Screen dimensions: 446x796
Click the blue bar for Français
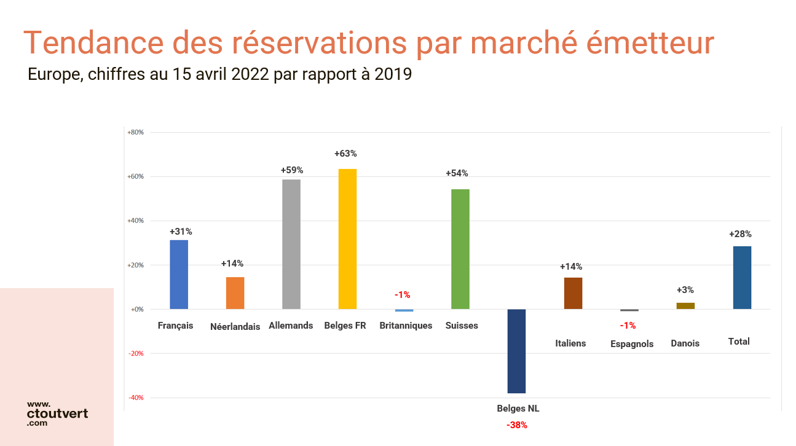click(x=179, y=275)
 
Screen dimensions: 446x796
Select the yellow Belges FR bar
click(x=347, y=239)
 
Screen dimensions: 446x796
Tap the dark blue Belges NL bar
click(x=516, y=351)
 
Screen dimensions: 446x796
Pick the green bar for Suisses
click(x=460, y=249)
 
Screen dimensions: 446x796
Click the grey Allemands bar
click(x=291, y=244)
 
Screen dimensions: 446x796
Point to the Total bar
click(x=742, y=278)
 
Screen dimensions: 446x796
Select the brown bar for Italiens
click(x=573, y=293)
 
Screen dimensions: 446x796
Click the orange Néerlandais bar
click(x=235, y=293)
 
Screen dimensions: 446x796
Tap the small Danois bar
click(x=685, y=305)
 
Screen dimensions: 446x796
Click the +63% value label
click(x=345, y=154)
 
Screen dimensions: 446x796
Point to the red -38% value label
click(x=517, y=425)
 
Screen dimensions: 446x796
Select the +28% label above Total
click(x=740, y=234)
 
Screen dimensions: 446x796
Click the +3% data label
click(x=685, y=290)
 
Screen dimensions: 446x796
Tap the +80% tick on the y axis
click(x=135, y=132)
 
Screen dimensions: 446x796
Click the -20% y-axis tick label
click(x=136, y=353)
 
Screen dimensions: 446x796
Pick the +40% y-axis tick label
click(x=135, y=221)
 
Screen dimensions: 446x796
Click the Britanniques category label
click(x=406, y=326)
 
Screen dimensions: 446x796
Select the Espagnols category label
click(x=632, y=344)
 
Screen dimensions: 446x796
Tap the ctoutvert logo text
click(x=57, y=413)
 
